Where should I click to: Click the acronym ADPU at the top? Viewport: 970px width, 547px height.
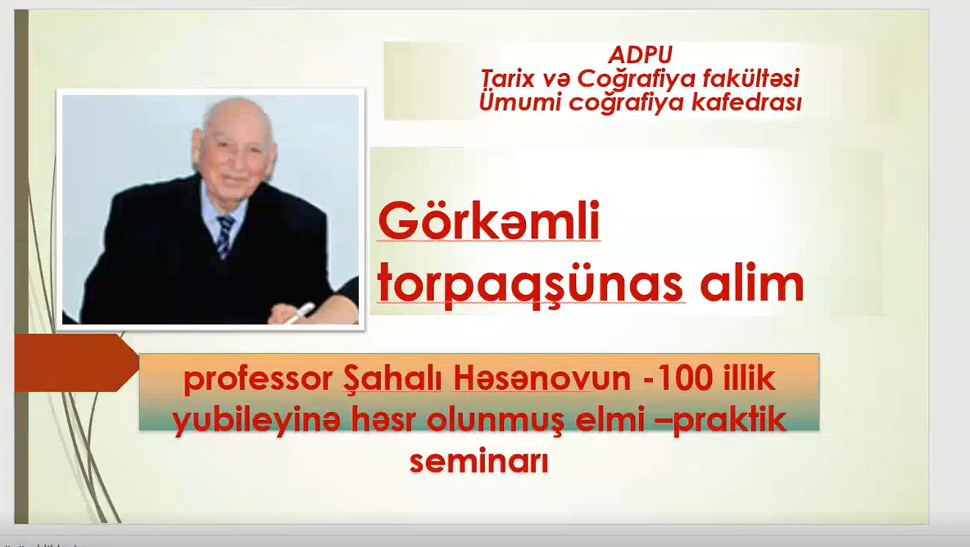point(640,55)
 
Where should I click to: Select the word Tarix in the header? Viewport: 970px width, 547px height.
point(500,79)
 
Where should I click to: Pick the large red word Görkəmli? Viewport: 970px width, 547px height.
point(489,220)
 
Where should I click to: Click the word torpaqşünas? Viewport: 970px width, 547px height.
point(530,286)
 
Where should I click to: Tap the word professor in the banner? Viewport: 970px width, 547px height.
point(258,379)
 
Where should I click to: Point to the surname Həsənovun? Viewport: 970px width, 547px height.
point(542,378)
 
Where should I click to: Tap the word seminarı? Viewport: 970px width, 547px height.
point(478,461)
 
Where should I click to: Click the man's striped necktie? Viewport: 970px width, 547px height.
point(224,235)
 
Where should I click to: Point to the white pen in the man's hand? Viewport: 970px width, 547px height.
point(299,312)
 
